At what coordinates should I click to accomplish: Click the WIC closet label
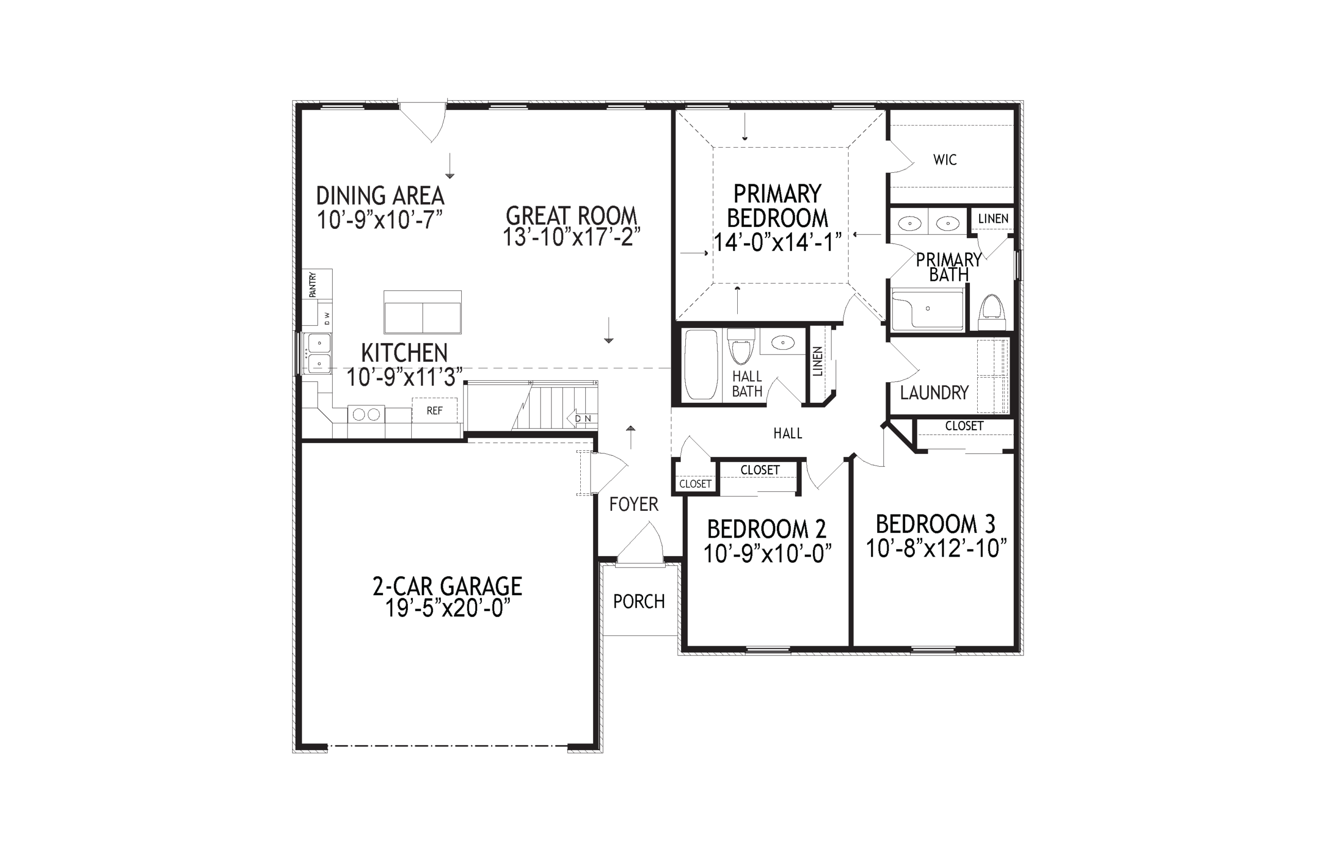(944, 160)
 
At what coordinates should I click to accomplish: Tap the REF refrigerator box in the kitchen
(435, 411)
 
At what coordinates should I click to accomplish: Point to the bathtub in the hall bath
(701, 364)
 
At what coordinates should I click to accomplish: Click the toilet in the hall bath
(741, 345)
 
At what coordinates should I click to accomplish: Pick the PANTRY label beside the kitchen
(313, 285)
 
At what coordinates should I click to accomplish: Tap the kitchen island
(422, 312)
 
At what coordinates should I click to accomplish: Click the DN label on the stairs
(583, 419)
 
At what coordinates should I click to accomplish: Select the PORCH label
(639, 601)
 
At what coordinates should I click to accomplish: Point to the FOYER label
(634, 504)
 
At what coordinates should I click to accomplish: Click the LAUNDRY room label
(934, 393)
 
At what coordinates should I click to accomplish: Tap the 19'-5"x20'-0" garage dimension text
(447, 609)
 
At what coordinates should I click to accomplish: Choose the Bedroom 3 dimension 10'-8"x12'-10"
(935, 548)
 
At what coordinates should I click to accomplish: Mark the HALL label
(788, 433)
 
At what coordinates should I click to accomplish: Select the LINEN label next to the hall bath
(818, 362)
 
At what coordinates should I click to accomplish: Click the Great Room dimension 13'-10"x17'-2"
(571, 237)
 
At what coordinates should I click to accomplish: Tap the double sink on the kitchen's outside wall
(319, 353)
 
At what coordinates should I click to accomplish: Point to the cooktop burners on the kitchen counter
(366, 414)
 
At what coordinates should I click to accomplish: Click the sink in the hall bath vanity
(782, 343)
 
